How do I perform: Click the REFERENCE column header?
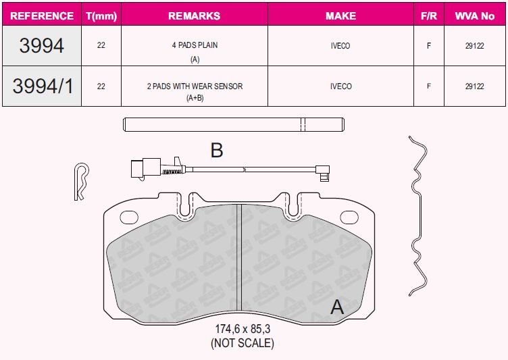pos(42,16)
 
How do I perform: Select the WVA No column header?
pos(475,16)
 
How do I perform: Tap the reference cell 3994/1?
pos(43,86)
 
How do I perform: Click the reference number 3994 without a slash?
pos(41,45)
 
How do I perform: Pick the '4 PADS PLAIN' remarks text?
pos(195,45)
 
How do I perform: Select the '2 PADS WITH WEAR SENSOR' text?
pos(195,86)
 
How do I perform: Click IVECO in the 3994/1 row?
pos(341,86)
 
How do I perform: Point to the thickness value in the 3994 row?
pos(101,45)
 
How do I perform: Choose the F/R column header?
pos(428,16)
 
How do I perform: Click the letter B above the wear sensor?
pos(217,150)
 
